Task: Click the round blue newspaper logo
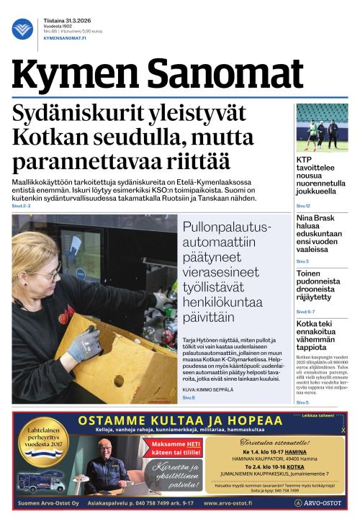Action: [x=22, y=29]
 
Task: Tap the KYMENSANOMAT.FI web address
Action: [x=66, y=38]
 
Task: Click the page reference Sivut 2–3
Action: [x=22, y=206]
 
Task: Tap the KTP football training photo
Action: [x=322, y=127]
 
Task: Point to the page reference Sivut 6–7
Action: [x=305, y=311]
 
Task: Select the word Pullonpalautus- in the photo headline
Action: [x=227, y=227]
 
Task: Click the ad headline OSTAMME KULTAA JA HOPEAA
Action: [x=179, y=420]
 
